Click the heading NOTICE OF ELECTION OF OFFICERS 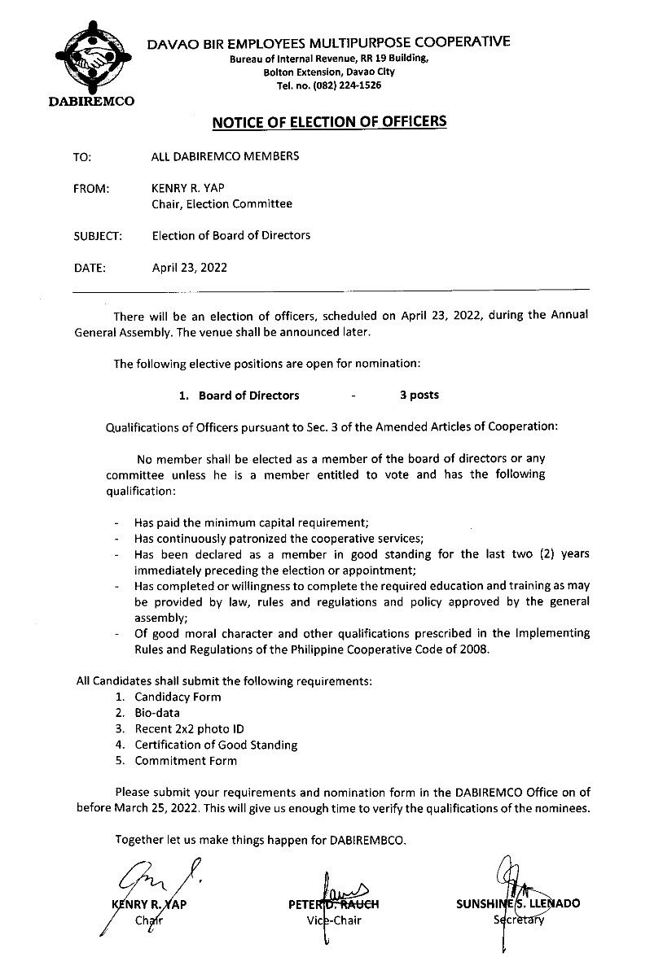pyautogui.click(x=329, y=122)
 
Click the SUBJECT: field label pyautogui.click(x=98, y=236)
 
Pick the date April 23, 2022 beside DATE pyautogui.click(x=190, y=266)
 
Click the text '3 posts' pyautogui.click(x=419, y=395)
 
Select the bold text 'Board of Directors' pyautogui.click(x=248, y=396)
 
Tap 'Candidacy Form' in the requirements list pyautogui.click(x=178, y=697)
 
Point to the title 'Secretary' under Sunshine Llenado pyautogui.click(x=518, y=920)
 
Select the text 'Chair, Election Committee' pyautogui.click(x=222, y=204)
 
